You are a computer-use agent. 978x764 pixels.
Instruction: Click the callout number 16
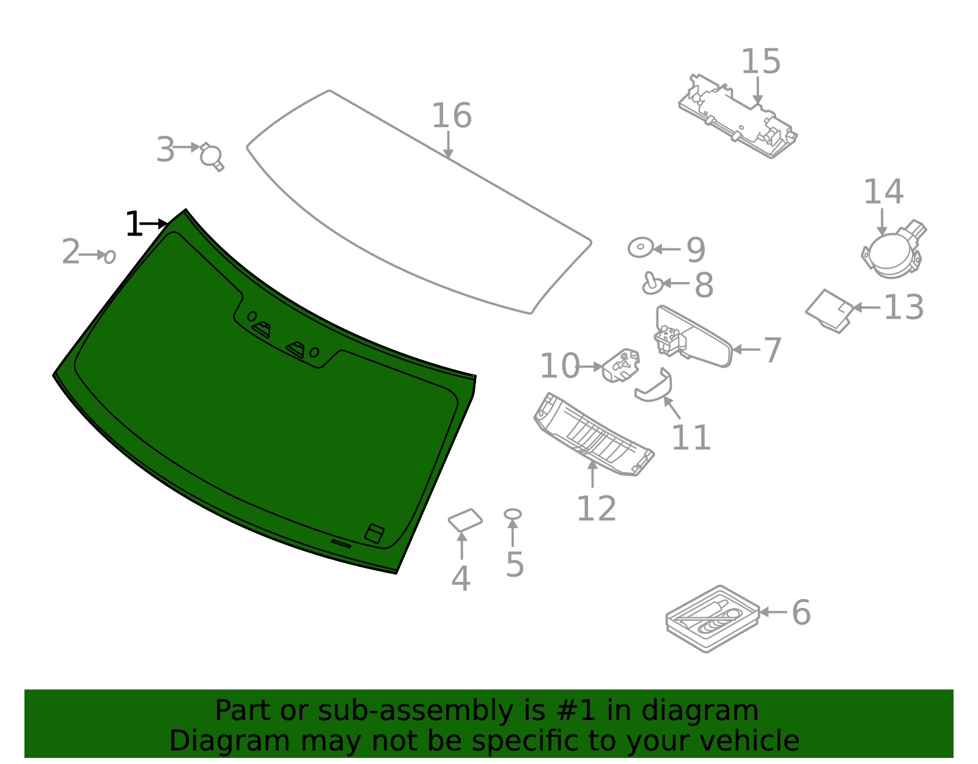452,116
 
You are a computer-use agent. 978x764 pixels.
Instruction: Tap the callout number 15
761,62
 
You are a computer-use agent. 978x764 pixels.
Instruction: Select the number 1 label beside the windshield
133,224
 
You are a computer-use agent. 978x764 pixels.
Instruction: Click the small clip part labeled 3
211,157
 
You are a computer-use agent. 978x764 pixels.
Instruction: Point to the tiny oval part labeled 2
110,257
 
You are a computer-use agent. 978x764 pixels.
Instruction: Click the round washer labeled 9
640,248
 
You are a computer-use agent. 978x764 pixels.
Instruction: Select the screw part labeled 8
652,283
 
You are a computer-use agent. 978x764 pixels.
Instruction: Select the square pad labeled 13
830,311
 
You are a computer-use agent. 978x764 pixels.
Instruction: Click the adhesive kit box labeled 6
712,618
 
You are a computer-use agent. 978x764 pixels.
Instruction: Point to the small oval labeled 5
513,514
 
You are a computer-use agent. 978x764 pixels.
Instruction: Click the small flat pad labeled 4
465,521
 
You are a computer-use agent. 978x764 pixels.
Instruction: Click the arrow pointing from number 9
667,249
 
